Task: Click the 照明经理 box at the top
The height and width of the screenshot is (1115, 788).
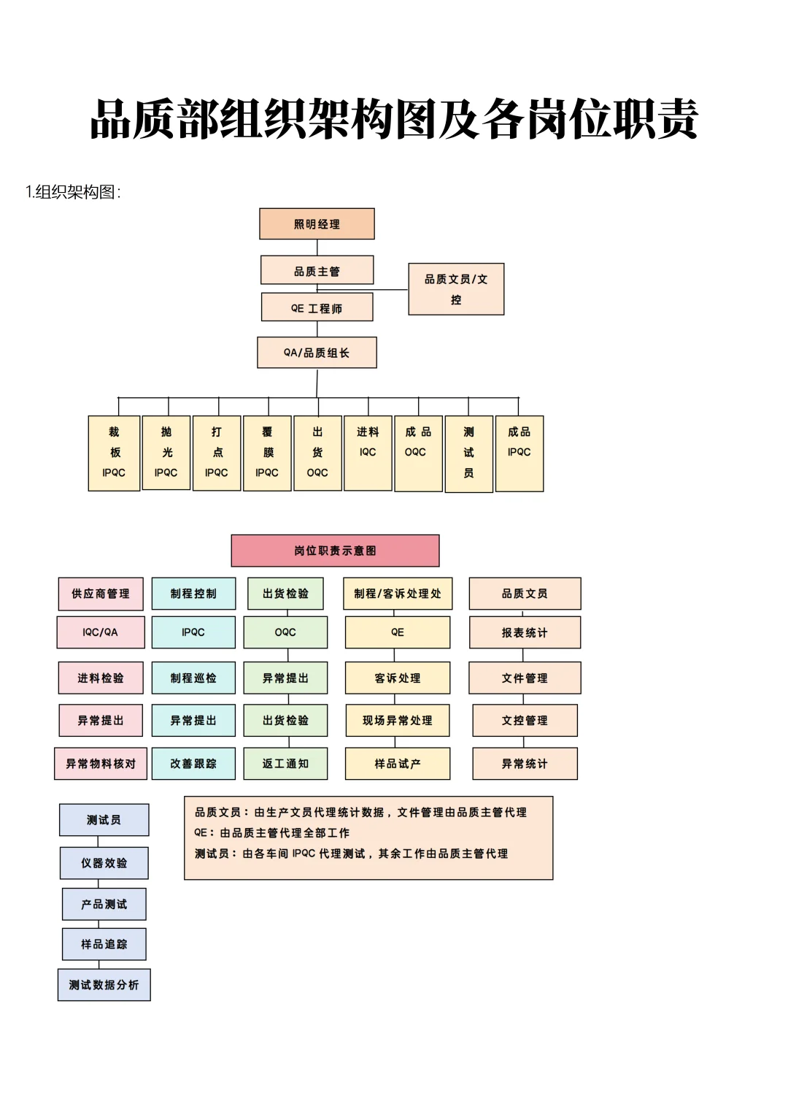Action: click(317, 224)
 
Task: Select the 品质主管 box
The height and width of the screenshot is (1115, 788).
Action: click(317, 270)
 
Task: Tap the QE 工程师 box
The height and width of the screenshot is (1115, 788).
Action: click(317, 307)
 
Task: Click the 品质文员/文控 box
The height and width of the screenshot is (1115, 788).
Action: click(456, 289)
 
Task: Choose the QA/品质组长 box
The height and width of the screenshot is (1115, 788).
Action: click(317, 353)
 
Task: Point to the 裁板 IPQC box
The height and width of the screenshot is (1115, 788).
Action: click(114, 453)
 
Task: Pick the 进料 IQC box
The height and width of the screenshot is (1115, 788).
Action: click(368, 453)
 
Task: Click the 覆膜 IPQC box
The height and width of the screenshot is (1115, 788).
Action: click(267, 453)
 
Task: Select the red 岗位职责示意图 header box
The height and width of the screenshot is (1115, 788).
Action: click(335, 551)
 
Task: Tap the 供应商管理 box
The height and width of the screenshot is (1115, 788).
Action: click(101, 594)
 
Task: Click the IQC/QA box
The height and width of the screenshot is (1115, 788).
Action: click(101, 632)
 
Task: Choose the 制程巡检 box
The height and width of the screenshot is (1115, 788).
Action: click(193, 678)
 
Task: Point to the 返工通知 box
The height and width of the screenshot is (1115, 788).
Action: click(285, 764)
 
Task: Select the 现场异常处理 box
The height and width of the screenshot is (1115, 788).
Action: click(398, 721)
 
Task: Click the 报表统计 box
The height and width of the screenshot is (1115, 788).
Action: click(525, 632)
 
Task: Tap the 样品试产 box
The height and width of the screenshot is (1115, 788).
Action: click(398, 764)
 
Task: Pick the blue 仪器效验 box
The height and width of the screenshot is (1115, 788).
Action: click(104, 863)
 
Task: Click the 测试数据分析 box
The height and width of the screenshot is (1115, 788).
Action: click(104, 985)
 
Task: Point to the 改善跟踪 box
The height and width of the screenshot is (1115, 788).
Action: click(193, 764)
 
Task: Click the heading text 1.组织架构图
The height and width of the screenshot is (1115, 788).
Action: click(73, 192)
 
